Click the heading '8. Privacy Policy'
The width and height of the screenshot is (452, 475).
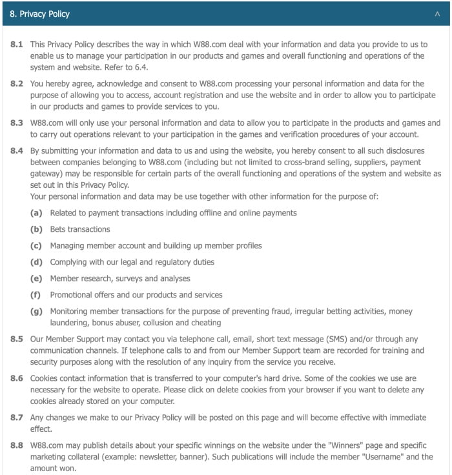click(40, 14)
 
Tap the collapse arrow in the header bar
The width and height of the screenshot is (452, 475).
click(438, 14)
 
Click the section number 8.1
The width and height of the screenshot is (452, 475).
click(17, 45)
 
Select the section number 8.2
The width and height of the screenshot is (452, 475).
click(17, 84)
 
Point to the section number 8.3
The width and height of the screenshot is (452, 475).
click(17, 123)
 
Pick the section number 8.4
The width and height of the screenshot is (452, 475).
click(17, 150)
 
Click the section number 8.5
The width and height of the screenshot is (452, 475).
click(17, 339)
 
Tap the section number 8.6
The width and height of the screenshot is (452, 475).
click(17, 379)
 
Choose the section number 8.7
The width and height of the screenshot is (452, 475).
click(17, 418)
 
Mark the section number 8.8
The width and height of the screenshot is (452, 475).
click(17, 446)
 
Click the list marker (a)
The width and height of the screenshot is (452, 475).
click(36, 212)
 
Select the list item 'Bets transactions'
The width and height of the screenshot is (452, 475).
click(80, 229)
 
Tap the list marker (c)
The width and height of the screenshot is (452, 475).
click(36, 245)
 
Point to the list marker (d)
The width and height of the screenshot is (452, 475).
click(36, 262)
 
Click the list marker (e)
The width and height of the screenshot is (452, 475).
click(36, 278)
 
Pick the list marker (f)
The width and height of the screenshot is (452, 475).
click(36, 295)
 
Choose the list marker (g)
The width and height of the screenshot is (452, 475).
click(36, 311)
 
